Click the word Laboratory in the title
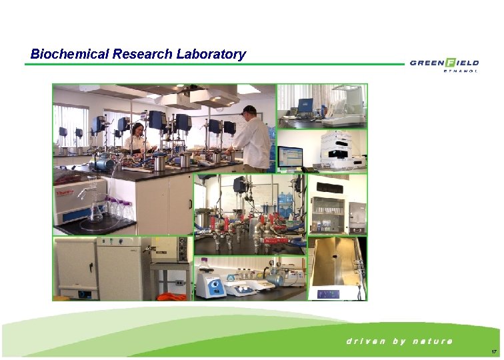pyautogui.click(x=211, y=55)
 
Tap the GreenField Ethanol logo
pyautogui.click(x=444, y=65)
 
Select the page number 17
pyautogui.click(x=493, y=351)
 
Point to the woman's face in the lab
pyautogui.click(x=139, y=129)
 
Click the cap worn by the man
pyautogui.click(x=249, y=109)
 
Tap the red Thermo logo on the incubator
pyautogui.click(x=62, y=189)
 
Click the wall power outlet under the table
pyautogui.click(x=178, y=283)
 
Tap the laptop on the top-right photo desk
pyautogui.click(x=306, y=105)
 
